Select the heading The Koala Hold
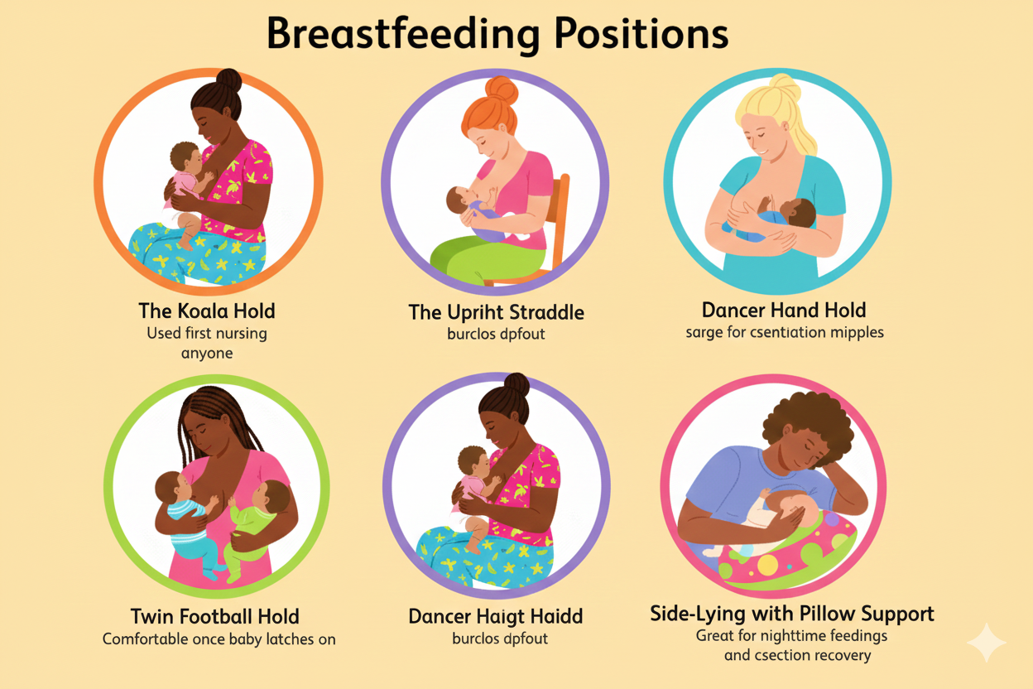207,311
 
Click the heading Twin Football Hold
214,617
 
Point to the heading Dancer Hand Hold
783,311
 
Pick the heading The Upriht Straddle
497,313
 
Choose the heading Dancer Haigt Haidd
496,617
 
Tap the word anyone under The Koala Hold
207,354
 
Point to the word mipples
853,333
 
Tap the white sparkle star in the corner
987,643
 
